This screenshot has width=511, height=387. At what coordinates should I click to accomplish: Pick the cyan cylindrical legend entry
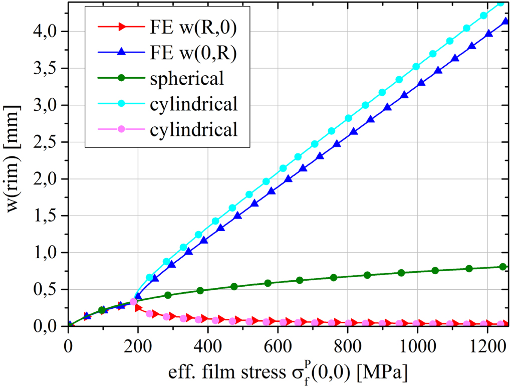193,105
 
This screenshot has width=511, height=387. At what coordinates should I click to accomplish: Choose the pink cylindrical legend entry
193,130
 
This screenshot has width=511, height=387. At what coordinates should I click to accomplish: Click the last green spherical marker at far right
503,267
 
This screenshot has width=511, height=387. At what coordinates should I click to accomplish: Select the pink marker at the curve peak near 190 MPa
133,302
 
